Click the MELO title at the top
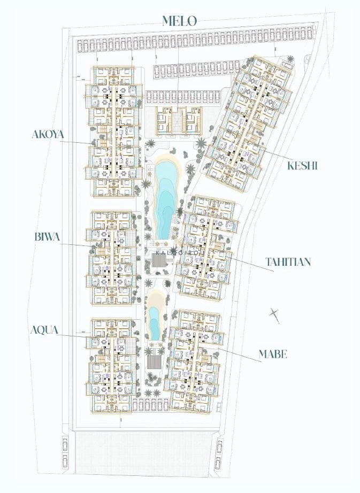coord(180,21)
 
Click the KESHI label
coord(303,166)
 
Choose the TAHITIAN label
coord(288,262)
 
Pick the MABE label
coord(273,354)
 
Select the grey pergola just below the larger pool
coord(159,261)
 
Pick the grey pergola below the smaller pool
coord(154,361)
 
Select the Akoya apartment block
coord(113,132)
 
